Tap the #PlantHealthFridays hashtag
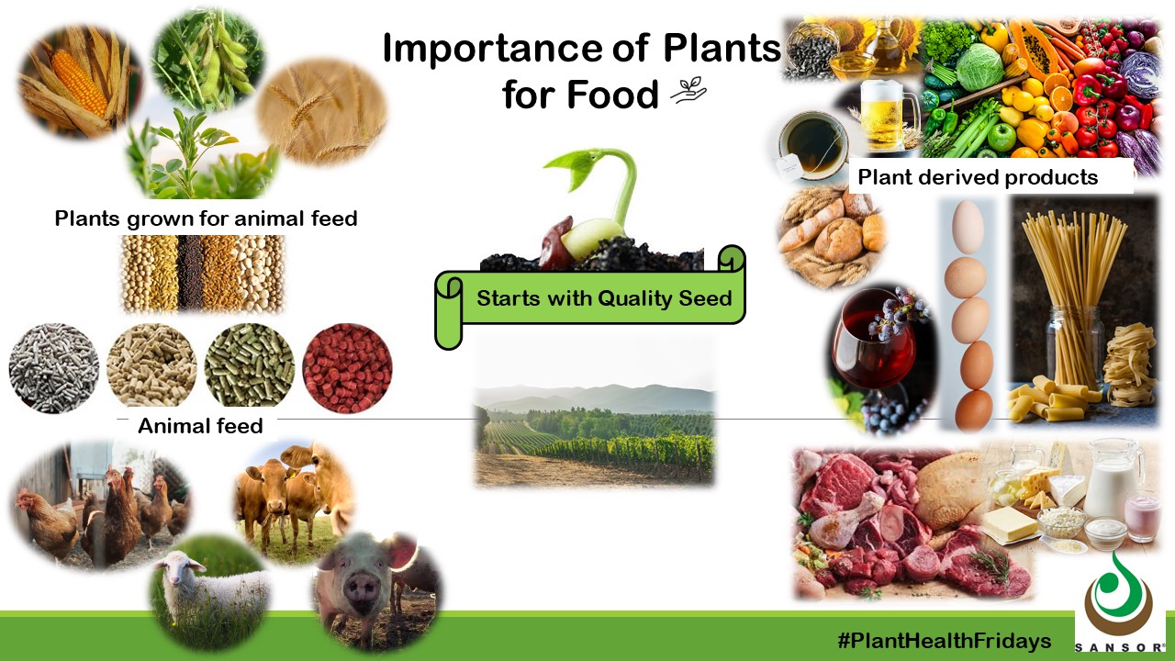[x=944, y=641]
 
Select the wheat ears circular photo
[x=320, y=113]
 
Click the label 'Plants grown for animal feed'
[x=206, y=218]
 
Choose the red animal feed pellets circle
[x=347, y=368]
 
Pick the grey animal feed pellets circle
[x=53, y=368]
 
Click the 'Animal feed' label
[x=200, y=426]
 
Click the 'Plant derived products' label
[x=978, y=177]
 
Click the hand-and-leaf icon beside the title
[x=688, y=91]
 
